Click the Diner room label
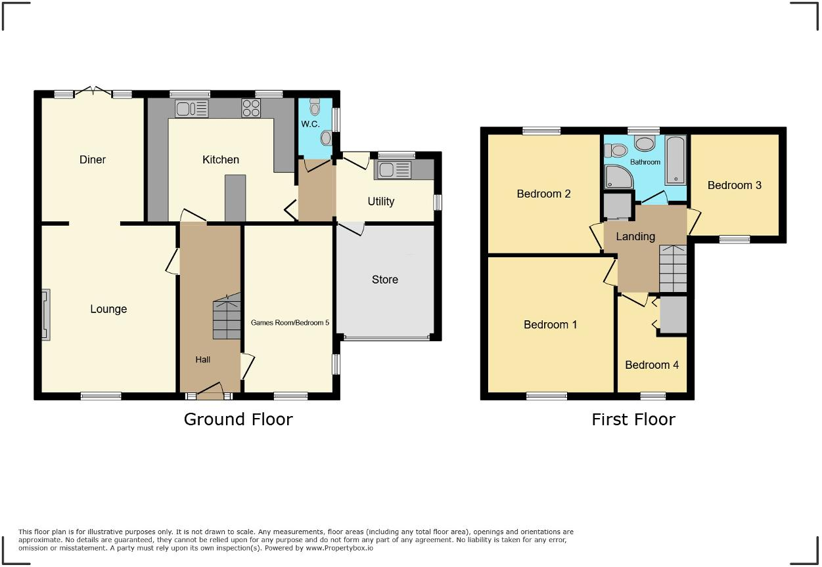[x=92, y=159]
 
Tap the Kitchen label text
[x=220, y=159]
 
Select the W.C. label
[x=309, y=124]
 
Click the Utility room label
[x=380, y=201]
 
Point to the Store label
[x=384, y=280]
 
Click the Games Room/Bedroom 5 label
[x=289, y=322]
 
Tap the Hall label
[x=202, y=360]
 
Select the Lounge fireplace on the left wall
[x=45, y=315]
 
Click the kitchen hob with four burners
[x=251, y=108]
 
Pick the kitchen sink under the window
[x=191, y=108]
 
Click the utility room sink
[x=393, y=170]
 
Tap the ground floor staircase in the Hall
[x=227, y=319]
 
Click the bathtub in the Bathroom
[x=675, y=159]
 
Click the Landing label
[x=635, y=236]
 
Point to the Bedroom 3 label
[x=734, y=185]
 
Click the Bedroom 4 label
[x=651, y=365]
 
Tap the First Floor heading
[x=633, y=419]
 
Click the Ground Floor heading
[x=238, y=419]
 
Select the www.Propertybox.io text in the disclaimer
[x=339, y=548]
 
